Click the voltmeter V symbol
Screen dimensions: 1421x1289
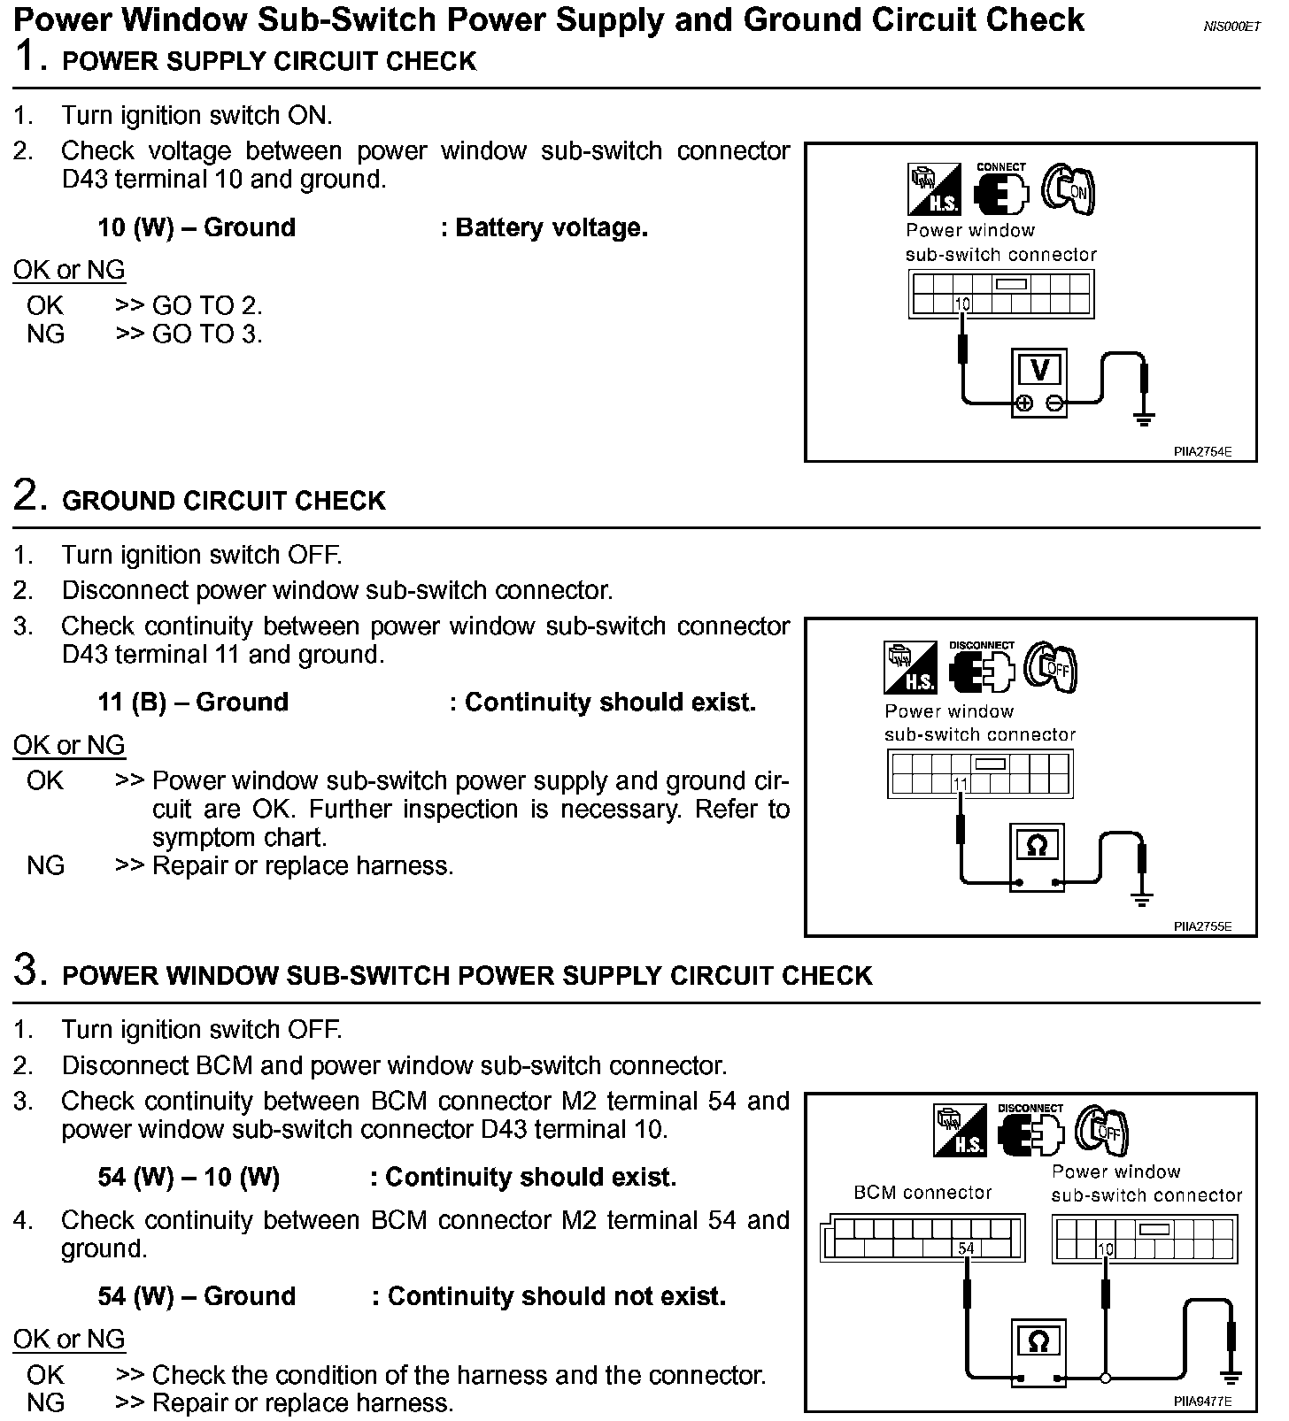[1040, 370]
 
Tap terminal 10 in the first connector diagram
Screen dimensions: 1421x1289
[962, 304]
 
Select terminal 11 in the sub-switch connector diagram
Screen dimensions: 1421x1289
[961, 783]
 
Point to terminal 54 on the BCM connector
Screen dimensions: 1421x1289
[966, 1248]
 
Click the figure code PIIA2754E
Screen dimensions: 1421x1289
[1202, 451]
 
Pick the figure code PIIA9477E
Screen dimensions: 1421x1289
[1202, 1402]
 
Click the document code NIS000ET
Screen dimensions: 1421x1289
[1231, 27]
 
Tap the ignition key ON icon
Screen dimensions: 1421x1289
[1069, 189]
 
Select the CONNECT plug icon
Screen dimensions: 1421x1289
[1001, 189]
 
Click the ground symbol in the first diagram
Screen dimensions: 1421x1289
[1144, 417]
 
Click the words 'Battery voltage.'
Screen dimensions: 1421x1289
[552, 228]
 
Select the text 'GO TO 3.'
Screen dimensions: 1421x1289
[207, 334]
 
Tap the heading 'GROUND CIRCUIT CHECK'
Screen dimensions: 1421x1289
[224, 501]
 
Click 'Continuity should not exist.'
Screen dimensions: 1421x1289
[557, 1297]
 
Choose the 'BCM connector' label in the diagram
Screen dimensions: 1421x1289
[922, 1193]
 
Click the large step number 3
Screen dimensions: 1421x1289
[29, 970]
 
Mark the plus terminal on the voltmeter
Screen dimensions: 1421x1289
[1023, 403]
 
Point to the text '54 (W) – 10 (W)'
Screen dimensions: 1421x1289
[189, 1178]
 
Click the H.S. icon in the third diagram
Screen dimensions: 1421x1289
[961, 1131]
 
